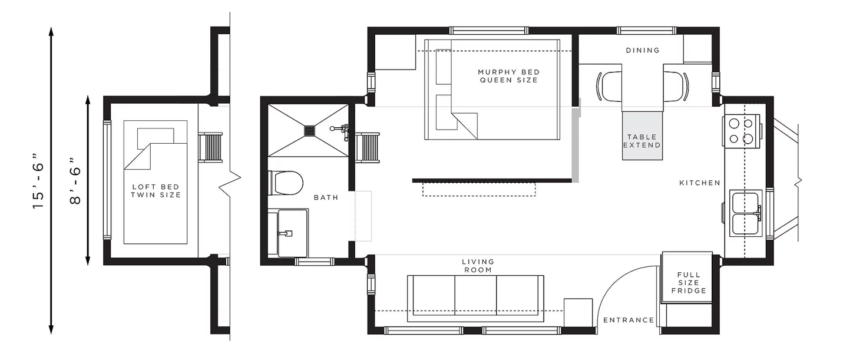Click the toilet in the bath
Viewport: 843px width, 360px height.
pyautogui.click(x=286, y=183)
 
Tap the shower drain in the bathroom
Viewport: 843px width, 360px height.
pyautogui.click(x=309, y=130)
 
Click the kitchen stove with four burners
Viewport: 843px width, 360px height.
pyautogui.click(x=741, y=131)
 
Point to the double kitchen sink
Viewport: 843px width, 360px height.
pyautogui.click(x=746, y=213)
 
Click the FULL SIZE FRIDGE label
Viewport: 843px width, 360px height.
pyautogui.click(x=689, y=283)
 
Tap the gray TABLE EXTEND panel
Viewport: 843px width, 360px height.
pyautogui.click(x=642, y=136)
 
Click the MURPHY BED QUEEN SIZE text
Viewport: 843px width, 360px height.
pyautogui.click(x=509, y=76)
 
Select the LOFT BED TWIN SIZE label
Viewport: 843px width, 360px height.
pyautogui.click(x=156, y=191)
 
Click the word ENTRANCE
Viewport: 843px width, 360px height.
pyautogui.click(x=629, y=320)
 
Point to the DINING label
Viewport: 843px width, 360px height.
pyautogui.click(x=643, y=50)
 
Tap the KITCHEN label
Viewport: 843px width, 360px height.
pyautogui.click(x=700, y=183)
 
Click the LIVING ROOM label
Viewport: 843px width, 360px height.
pyautogui.click(x=478, y=266)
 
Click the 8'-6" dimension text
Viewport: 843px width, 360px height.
pyautogui.click(x=75, y=181)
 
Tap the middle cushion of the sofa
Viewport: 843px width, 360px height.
pyautogui.click(x=475, y=295)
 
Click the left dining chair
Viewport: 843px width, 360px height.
pyautogui.click(x=609, y=86)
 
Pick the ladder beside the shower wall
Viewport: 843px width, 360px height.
pyautogui.click(x=368, y=148)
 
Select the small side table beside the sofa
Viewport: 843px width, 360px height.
pyautogui.click(x=578, y=313)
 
